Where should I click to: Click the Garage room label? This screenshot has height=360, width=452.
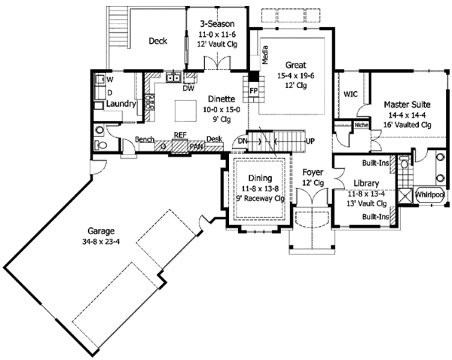[101, 231]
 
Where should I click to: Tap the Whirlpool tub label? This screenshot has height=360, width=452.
[430, 195]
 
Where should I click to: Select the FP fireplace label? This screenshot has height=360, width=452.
[253, 91]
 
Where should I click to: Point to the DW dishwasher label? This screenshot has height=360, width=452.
[188, 88]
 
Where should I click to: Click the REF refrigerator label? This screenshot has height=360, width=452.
[180, 135]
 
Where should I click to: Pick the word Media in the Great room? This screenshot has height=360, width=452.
[265, 55]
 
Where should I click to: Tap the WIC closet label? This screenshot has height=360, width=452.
[350, 94]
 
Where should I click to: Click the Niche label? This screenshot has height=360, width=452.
[361, 125]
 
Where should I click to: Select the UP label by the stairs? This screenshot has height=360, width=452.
[310, 142]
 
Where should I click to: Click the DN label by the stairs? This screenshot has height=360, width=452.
[243, 142]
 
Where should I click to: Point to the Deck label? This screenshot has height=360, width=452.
[157, 41]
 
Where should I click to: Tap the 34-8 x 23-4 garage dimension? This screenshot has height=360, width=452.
[101, 242]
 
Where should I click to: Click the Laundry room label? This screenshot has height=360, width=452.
[121, 104]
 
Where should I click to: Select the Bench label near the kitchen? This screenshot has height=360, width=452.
[145, 139]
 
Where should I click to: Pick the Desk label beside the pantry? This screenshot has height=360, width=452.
[214, 139]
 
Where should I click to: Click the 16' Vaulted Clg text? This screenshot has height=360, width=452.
[407, 125]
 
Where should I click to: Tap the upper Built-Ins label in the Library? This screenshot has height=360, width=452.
[376, 163]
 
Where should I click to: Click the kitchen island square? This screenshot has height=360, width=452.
[185, 111]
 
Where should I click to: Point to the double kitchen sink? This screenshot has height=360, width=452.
[173, 78]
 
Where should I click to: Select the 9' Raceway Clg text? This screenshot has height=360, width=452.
[260, 199]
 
